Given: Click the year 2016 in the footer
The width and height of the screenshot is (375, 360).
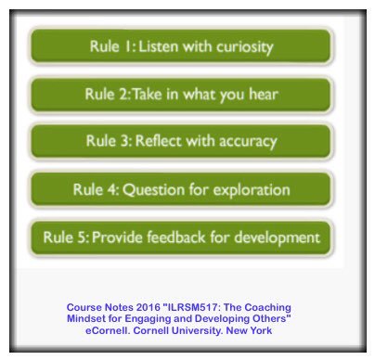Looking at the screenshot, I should click(x=146, y=307).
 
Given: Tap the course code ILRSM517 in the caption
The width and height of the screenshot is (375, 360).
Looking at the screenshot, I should click(x=194, y=307).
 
